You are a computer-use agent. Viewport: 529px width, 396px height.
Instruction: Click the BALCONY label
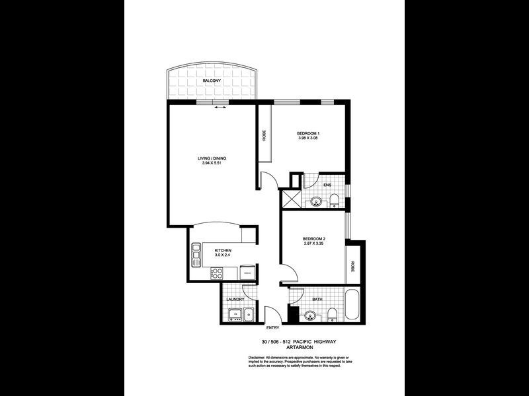pyautogui.click(x=212, y=80)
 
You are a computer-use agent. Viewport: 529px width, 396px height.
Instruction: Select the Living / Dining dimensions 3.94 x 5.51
pyautogui.click(x=212, y=163)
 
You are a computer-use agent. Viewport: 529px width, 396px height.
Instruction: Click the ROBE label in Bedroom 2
pyautogui.click(x=353, y=267)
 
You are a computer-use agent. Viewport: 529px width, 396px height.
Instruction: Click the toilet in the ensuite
pyautogui.click(x=335, y=200)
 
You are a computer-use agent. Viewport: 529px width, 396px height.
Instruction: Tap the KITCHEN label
pyautogui.click(x=223, y=251)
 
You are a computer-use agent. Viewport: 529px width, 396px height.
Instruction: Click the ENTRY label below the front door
pyautogui.click(x=272, y=328)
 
